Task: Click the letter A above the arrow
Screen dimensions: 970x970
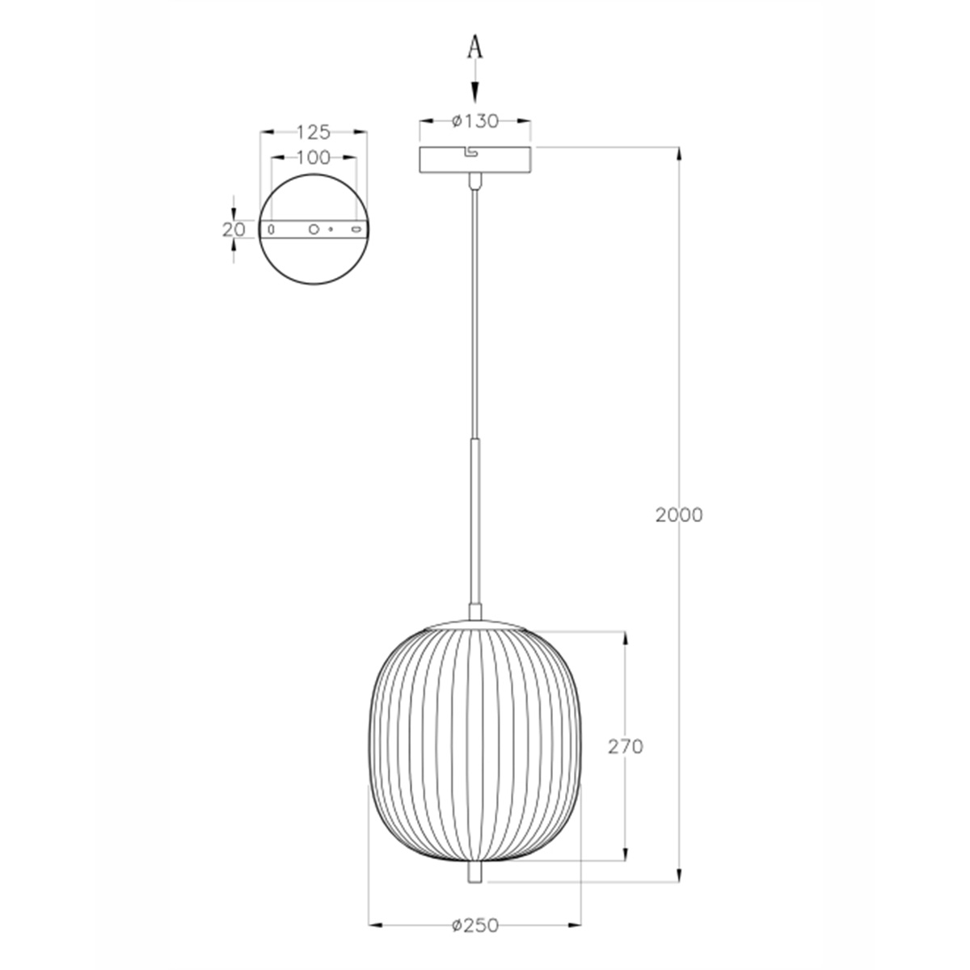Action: tap(474, 48)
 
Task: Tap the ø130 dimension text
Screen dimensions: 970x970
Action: tap(475, 121)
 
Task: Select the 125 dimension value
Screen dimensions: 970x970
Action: tap(313, 133)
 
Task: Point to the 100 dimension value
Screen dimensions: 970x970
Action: tap(313, 158)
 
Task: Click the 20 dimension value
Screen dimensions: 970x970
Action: tap(234, 230)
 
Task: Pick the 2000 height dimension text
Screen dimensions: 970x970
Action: tap(678, 515)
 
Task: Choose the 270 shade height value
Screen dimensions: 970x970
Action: tap(626, 747)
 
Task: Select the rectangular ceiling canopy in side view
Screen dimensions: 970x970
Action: tap(475, 159)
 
